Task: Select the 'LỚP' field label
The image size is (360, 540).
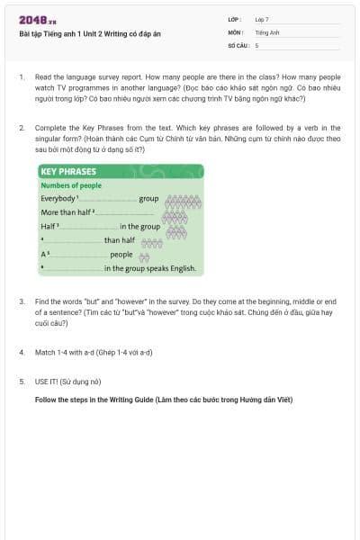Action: pos(233,18)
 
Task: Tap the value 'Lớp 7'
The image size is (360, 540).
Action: pos(262,18)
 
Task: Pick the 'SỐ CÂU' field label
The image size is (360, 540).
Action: pos(238,44)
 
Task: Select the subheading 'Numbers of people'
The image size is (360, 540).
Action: pos(71,185)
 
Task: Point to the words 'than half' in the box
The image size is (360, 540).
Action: pos(119,240)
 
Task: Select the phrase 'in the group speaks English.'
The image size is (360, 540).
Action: pos(148,268)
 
